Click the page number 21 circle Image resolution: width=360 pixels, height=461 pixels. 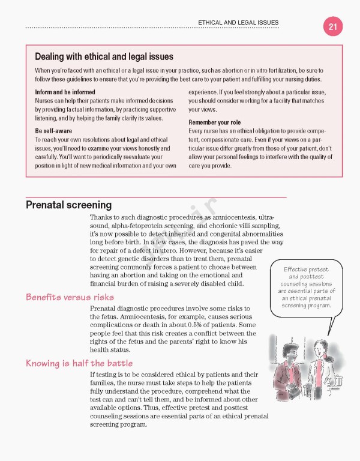(332, 27)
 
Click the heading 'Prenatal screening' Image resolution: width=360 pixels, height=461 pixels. (68, 205)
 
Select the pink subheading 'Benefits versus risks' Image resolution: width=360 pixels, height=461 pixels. (70, 297)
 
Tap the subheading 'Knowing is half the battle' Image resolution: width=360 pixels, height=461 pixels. (79, 363)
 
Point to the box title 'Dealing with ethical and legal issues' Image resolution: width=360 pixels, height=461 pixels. (104, 57)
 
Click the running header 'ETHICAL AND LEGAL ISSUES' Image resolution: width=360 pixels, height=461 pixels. (238, 23)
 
